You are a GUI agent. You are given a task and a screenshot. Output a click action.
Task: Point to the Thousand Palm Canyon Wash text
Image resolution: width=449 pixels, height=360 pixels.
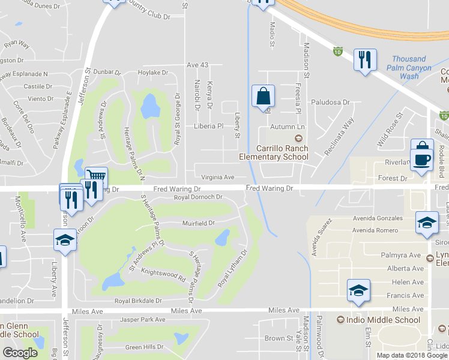[411, 68]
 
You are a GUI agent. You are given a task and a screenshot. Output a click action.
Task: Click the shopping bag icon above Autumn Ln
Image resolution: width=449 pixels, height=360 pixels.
[263, 96]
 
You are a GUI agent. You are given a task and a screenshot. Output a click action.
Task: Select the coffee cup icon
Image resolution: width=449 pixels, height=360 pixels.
[422, 160]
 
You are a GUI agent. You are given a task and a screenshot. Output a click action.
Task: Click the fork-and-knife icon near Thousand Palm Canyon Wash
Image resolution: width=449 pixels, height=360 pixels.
[365, 60]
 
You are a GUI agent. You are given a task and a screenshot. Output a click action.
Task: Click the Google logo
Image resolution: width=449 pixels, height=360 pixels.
[20, 353]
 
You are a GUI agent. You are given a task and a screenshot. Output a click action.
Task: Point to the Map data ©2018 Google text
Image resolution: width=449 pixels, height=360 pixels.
[412, 355]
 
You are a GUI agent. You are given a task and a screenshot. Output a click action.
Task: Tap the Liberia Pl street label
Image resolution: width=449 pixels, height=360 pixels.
[208, 127]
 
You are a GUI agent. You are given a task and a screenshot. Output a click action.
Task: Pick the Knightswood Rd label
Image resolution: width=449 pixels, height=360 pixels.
[163, 275]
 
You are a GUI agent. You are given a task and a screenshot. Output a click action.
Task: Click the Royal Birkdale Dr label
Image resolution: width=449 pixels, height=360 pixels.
[139, 301]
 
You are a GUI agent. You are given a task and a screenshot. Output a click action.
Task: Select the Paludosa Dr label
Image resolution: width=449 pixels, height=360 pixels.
[330, 103]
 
